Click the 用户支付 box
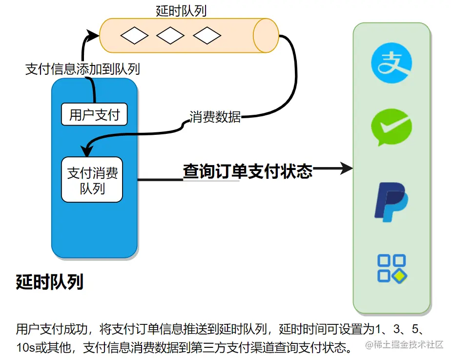[x=94, y=115]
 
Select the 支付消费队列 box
[x=92, y=180]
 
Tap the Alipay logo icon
[x=392, y=64]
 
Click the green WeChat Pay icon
[x=392, y=127]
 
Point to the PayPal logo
[x=391, y=202]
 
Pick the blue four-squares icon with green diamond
[x=392, y=268]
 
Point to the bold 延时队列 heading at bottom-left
[x=49, y=282]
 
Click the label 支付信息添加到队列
[x=83, y=69]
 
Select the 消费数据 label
[x=215, y=117]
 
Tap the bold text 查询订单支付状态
[x=248, y=170]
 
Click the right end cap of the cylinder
[x=266, y=35]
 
